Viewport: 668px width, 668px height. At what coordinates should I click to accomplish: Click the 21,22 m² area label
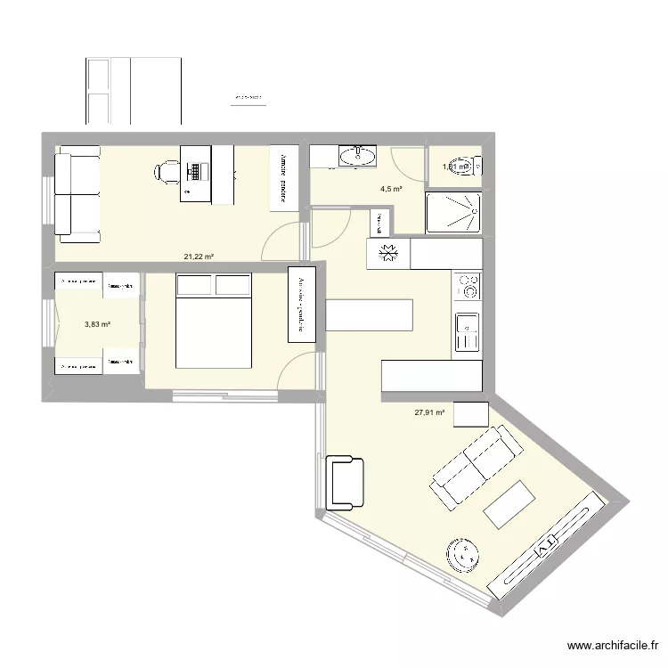point(199,257)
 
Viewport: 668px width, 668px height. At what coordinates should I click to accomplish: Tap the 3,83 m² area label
point(97,325)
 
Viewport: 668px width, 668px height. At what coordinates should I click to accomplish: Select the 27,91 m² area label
point(428,412)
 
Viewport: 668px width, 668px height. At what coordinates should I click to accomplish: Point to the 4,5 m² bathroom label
point(390,189)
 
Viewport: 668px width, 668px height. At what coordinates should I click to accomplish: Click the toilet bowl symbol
point(477,166)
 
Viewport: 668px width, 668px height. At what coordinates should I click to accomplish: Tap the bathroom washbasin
point(359,157)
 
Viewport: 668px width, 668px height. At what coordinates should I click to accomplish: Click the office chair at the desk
point(167,170)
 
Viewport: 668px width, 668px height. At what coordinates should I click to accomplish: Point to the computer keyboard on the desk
point(194,168)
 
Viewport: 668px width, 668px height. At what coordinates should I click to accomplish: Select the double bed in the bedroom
point(214,321)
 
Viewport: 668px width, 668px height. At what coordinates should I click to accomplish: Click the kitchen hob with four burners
point(468,287)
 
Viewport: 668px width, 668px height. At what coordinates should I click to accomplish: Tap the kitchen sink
point(467,332)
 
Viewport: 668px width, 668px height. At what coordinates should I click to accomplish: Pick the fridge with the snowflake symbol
point(387,254)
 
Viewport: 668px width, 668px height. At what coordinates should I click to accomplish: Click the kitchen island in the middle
point(370,315)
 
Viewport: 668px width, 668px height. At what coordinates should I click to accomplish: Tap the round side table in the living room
point(464,555)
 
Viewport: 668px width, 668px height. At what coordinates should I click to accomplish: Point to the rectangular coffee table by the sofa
point(509,503)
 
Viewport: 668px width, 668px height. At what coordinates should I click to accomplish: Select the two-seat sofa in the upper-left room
point(77,197)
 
